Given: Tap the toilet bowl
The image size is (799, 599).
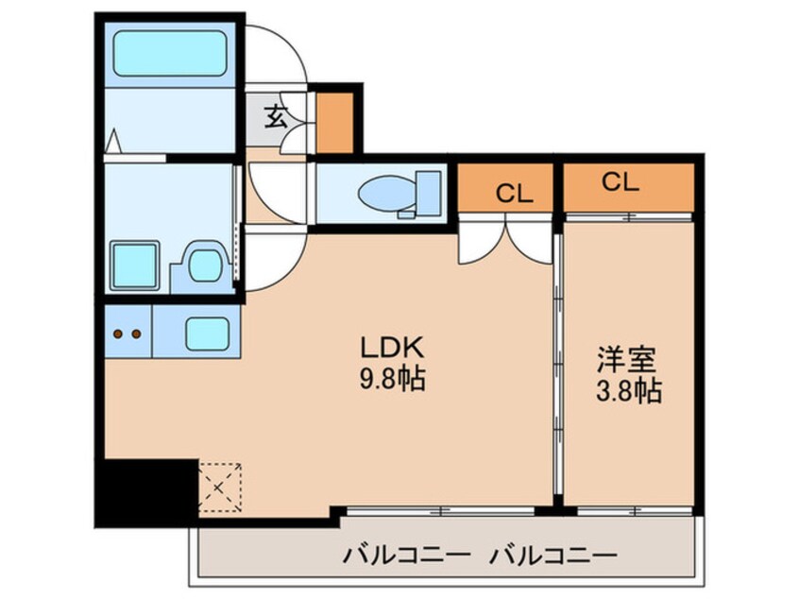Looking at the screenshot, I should pos(387,195).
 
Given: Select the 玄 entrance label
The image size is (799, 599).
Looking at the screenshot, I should pos(275,117).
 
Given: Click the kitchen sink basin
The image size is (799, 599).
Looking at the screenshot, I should pos(205,333).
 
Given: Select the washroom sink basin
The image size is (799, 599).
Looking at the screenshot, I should pos(203,265).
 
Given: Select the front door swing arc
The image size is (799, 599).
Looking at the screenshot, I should pos(283,53).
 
